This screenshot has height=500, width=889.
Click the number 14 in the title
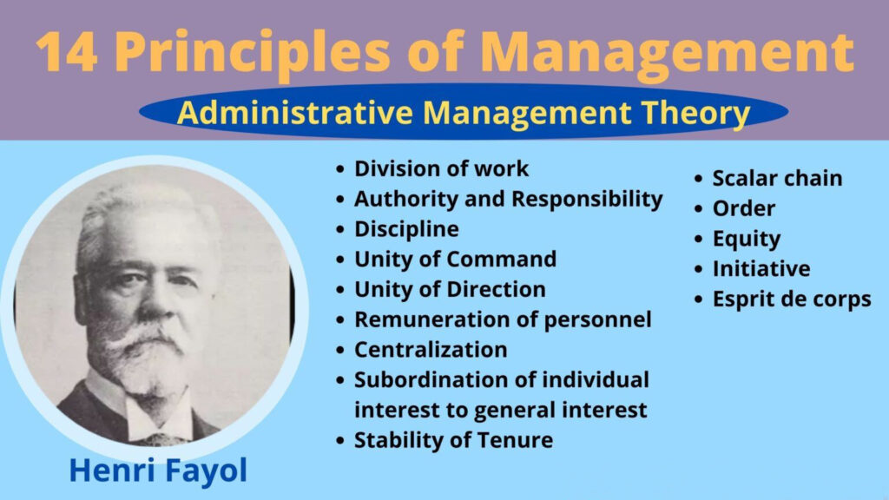pyautogui.click(x=66, y=51)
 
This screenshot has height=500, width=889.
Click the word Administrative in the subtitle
pyautogui.click(x=295, y=112)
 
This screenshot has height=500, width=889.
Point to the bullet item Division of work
pyautogui.click(x=441, y=168)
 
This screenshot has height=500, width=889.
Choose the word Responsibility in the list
pyautogui.click(x=587, y=200)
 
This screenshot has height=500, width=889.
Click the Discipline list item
pyautogui.click(x=406, y=229)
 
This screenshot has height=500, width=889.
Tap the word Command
pyautogui.click(x=501, y=259)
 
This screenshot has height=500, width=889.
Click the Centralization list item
pyautogui.click(x=431, y=349)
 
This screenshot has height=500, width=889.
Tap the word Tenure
pyautogui.click(x=515, y=440)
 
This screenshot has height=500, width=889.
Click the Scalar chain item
pyautogui.click(x=777, y=178)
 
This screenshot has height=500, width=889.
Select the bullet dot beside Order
pyautogui.click(x=699, y=208)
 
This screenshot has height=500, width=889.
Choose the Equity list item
pyautogui.click(x=746, y=240)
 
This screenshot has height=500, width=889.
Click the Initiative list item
pyautogui.click(x=761, y=269)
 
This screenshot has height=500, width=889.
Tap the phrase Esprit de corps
pyautogui.click(x=792, y=299)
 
